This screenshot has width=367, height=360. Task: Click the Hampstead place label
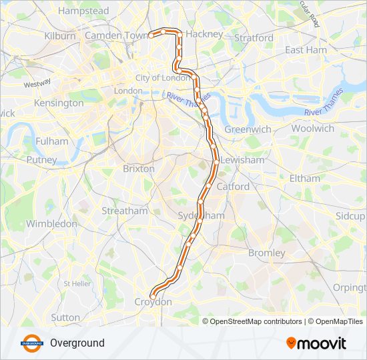coord(83,11)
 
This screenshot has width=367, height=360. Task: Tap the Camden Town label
coord(115,35)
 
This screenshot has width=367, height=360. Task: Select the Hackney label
coord(204,33)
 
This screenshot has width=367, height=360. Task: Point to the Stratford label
coord(253,38)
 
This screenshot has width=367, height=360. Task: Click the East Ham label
coord(306,50)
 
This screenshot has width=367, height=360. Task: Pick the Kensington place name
coord(59,103)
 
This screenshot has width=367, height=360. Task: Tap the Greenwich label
coord(248,129)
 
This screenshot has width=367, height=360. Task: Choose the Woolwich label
coord(312,128)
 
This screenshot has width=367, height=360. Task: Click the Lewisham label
coord(242,161)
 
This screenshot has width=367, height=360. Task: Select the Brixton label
coord(139,169)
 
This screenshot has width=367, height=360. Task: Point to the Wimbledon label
coord(52,224)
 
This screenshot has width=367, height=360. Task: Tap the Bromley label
coord(266,253)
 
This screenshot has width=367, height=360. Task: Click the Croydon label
coord(153,302)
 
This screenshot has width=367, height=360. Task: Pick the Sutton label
coord(65,317)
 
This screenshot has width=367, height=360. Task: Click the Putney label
coord(41,160)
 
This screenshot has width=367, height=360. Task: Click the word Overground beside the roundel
coord(77,343)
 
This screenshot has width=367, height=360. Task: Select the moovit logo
coord(316,343)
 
